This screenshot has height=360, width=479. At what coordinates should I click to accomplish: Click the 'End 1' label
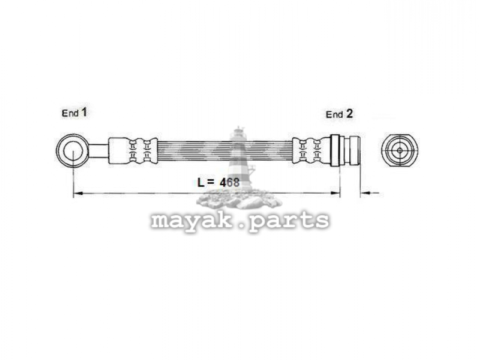tap(74, 113)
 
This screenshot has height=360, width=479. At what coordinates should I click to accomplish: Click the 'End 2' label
tap(339, 114)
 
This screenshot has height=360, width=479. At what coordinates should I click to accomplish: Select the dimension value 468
tap(230, 182)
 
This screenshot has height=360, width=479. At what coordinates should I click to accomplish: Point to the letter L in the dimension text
tap(200, 182)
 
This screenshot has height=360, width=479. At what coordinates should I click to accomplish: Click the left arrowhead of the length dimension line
tap(78, 193)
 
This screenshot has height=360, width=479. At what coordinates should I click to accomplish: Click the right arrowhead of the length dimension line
tap(336, 193)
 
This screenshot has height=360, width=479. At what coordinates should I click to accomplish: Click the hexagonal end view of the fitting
tap(400, 150)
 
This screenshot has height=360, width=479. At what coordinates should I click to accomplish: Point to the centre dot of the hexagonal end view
tap(400, 150)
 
